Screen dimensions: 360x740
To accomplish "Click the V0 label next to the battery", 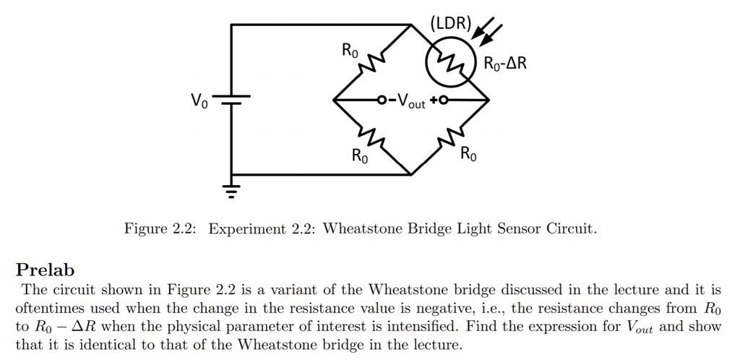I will click(x=198, y=102).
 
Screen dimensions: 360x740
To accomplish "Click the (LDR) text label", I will click(x=450, y=22).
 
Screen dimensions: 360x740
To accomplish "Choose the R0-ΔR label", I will click(x=506, y=64).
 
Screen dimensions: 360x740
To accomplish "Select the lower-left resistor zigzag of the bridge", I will click(x=373, y=137).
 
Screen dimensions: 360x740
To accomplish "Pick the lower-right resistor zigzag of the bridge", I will click(x=450, y=137).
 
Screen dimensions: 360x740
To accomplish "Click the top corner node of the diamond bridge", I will click(x=411, y=25).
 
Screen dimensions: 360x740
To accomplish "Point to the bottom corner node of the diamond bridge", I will click(x=411, y=174).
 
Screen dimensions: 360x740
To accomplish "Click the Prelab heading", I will click(x=45, y=270).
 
